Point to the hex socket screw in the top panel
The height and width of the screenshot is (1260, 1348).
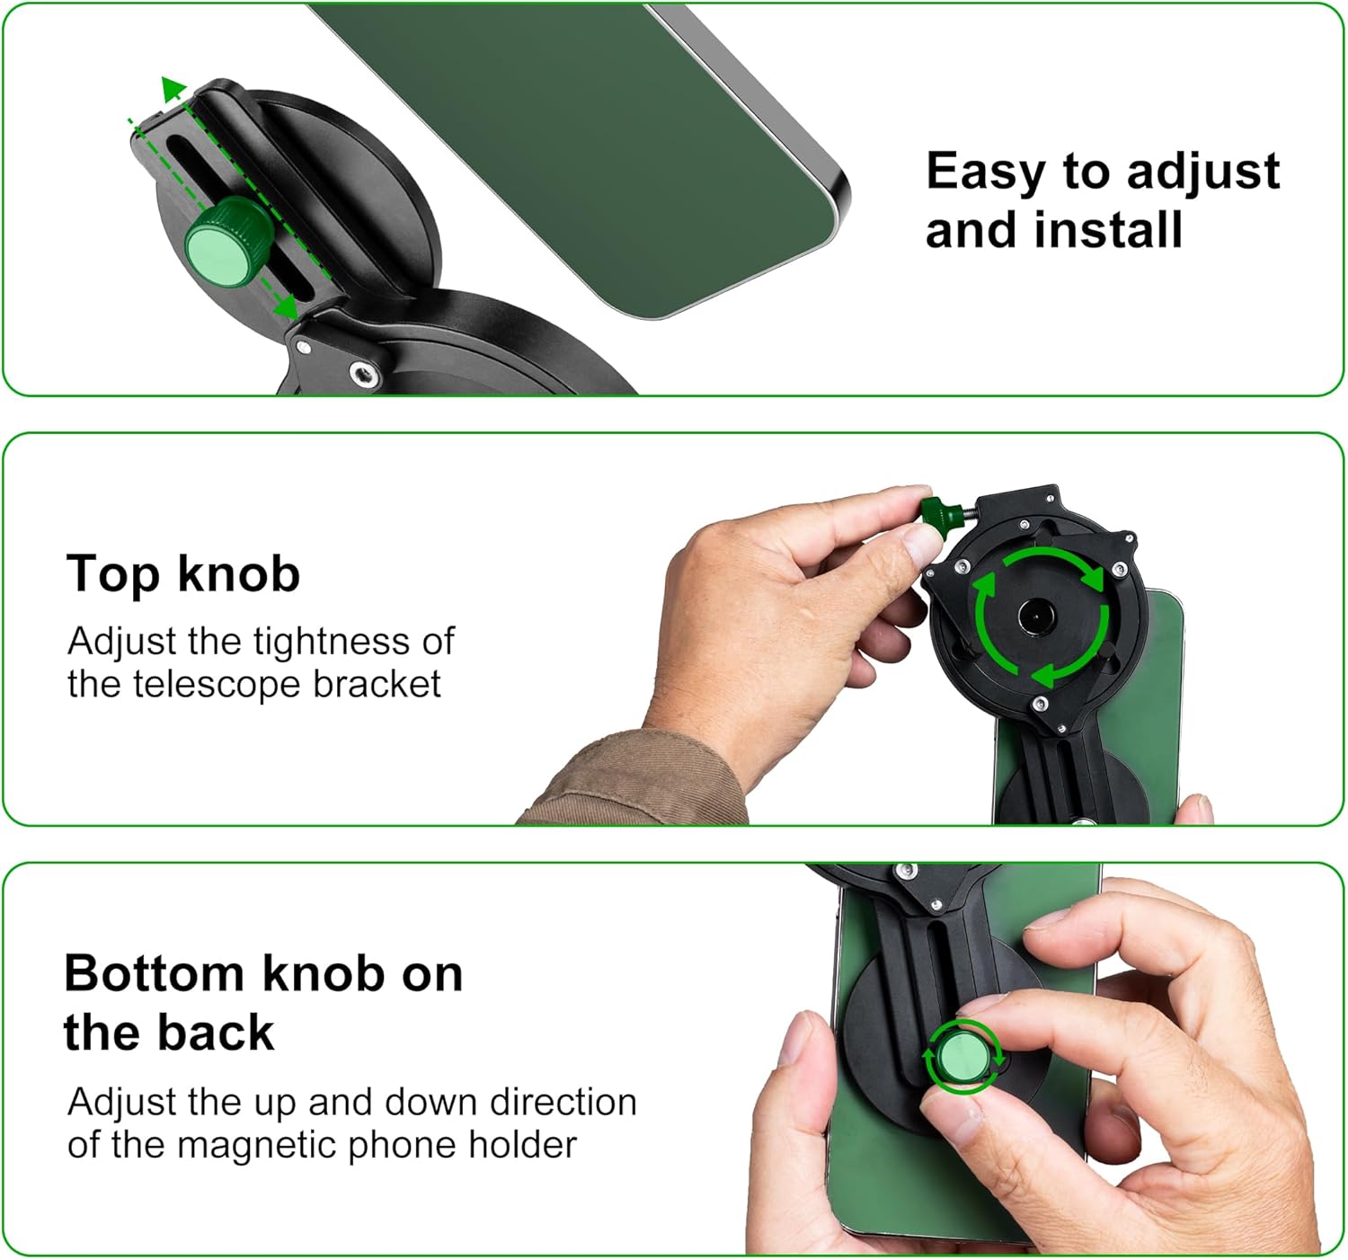click(x=365, y=373)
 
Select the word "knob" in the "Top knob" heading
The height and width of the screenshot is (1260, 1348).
click(x=239, y=573)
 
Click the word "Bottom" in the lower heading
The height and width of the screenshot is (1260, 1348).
click(x=154, y=972)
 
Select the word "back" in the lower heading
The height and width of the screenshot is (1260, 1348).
click(x=216, y=1032)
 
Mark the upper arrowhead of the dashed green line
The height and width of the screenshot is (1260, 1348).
click(x=173, y=89)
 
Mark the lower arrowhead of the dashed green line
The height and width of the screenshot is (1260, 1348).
click(x=288, y=307)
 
